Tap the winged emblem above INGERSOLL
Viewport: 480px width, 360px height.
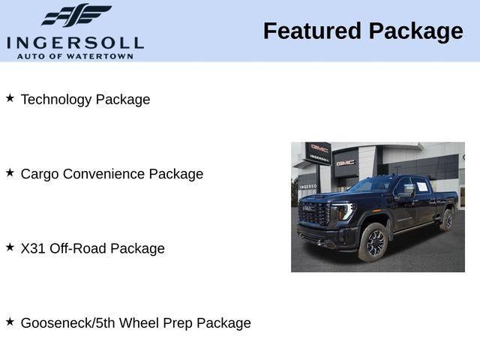tap(75, 16)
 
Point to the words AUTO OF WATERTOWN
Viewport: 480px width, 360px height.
tap(75, 56)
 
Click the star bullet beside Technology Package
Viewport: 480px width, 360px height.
tap(10, 98)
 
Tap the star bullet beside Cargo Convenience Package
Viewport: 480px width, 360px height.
tap(10, 172)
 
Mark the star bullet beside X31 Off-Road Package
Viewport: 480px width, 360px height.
tap(10, 247)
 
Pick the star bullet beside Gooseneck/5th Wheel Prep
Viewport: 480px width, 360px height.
tap(10, 321)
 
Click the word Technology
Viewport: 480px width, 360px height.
tap(57, 100)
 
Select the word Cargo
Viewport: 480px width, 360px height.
tap(39, 174)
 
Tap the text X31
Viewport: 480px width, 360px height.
tap(33, 248)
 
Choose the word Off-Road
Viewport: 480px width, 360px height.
tap(78, 248)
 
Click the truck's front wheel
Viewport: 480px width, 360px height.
tap(374, 242)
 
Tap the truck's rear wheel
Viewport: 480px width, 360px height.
tap(447, 220)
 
